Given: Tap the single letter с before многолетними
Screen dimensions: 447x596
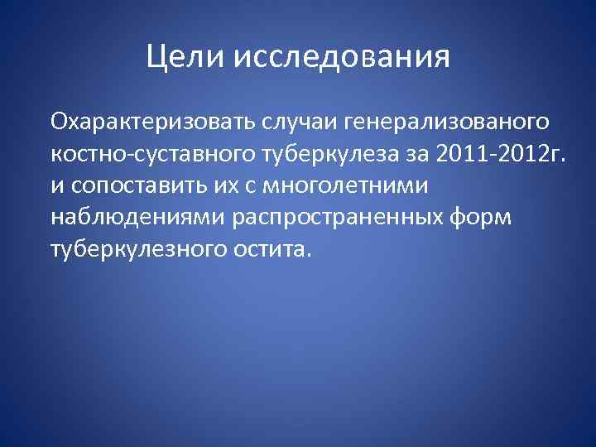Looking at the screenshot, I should coord(242,185).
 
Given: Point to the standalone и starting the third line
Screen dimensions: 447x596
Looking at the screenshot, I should coord(55,185).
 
